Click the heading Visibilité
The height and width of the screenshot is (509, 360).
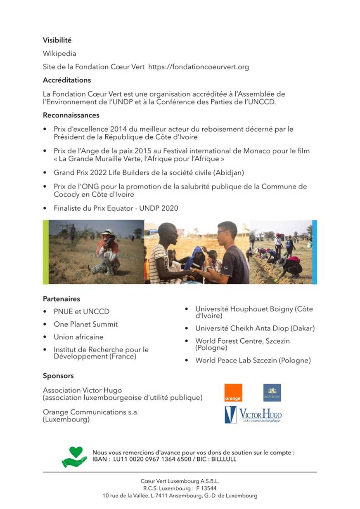click(57, 40)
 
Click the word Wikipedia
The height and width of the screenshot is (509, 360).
click(59, 53)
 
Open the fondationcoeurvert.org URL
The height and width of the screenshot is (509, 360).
click(198, 67)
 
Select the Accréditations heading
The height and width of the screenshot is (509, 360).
click(67, 80)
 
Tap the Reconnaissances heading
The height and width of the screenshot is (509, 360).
click(71, 115)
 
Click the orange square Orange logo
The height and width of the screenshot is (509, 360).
click(233, 393)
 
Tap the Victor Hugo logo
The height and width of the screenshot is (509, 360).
click(253, 415)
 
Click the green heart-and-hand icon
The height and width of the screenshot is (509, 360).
click(74, 456)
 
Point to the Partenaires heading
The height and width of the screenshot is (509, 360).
click(62, 299)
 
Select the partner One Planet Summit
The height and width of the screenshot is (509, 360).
click(85, 324)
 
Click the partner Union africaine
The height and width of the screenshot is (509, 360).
click(78, 337)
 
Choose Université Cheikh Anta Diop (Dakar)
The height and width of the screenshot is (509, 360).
click(255, 328)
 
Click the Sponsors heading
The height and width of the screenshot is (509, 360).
click(58, 376)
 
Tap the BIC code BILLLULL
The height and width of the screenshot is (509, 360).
click(223, 459)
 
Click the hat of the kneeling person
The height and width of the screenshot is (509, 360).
click(108, 232)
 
